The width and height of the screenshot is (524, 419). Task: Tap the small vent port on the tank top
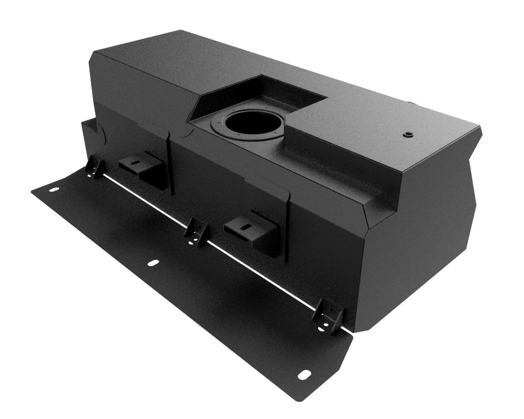[x=408, y=135]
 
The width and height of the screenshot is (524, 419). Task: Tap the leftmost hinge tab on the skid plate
[x=94, y=167]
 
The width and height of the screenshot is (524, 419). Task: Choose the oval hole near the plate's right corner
[x=303, y=374]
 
